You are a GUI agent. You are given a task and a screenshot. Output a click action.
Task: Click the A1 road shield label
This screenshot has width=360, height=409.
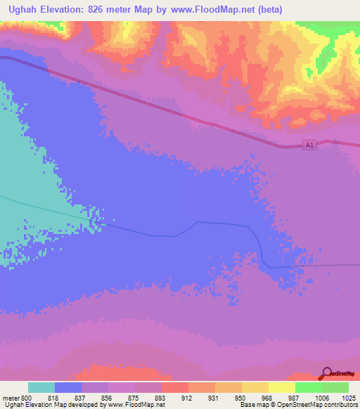[309, 145]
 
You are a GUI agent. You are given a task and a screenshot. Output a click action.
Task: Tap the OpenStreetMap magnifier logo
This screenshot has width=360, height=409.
[326, 372]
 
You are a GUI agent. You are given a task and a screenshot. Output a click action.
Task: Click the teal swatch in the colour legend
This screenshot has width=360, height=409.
[41, 387]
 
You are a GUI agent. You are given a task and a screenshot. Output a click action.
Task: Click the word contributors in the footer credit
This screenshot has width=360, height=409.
[339, 405]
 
